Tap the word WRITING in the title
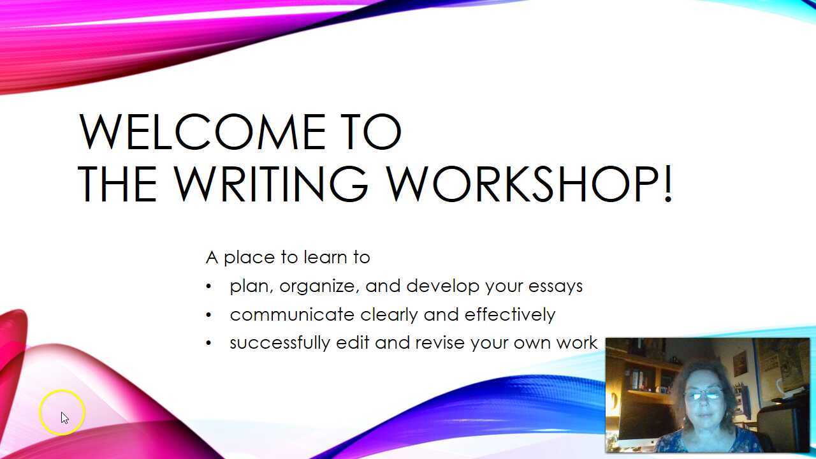271,184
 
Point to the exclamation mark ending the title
667,184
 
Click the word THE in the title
117,184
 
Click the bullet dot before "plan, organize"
208,287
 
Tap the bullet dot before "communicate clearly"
208,315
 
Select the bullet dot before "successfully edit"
208,343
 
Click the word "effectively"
510,314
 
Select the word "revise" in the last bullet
440,343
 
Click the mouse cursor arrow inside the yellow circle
64,418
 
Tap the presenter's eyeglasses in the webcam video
703,395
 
